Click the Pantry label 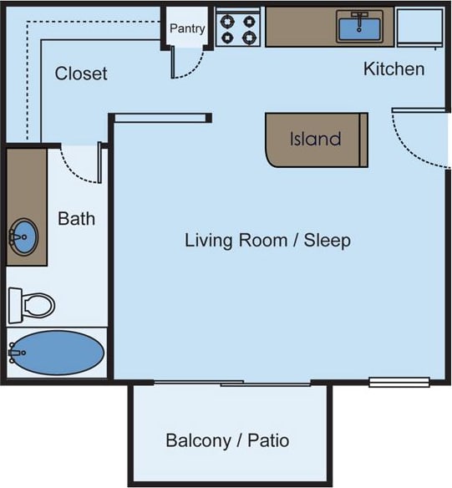187,28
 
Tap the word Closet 81,74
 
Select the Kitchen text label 394,69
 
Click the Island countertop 316,140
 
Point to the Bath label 76,219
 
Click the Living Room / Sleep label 267,241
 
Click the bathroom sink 24,237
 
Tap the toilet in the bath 32,305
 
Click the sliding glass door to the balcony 231,384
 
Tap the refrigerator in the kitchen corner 419,27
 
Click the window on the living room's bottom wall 399,383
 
